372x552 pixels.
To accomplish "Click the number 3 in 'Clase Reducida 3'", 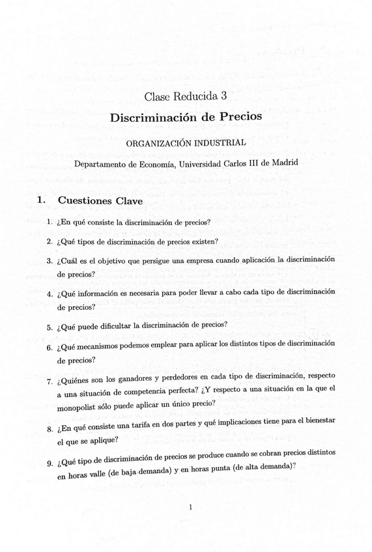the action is coord(223,96).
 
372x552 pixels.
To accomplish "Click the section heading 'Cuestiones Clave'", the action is coord(100,201).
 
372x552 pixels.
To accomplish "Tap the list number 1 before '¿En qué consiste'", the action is coord(50,222).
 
